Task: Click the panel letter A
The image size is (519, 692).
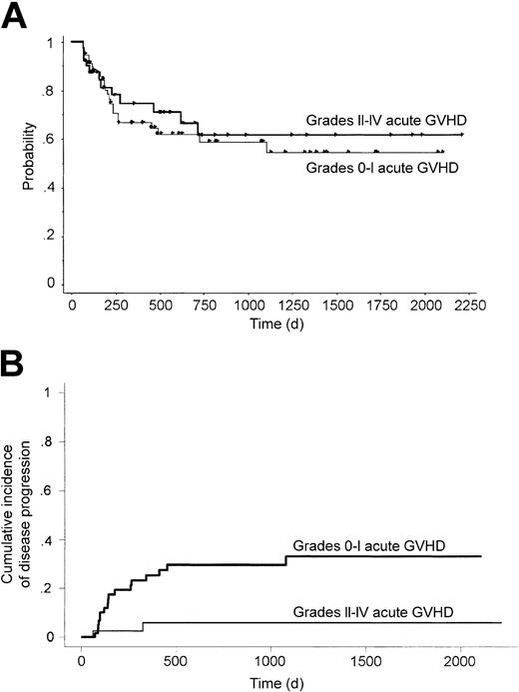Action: tap(15, 17)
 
